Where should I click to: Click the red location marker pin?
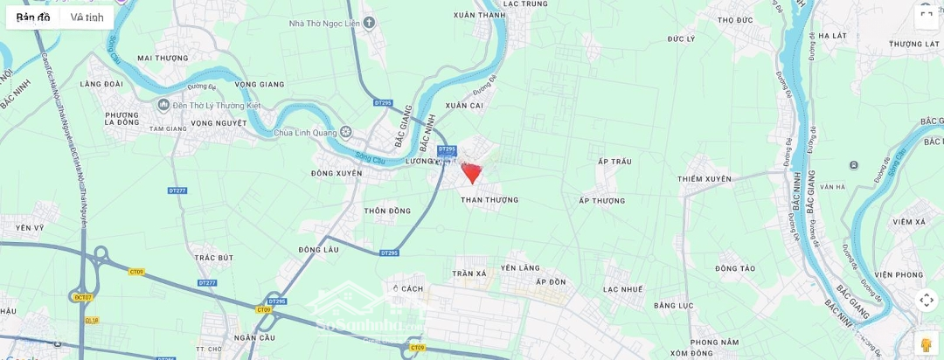471,172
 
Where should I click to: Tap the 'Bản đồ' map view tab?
33,17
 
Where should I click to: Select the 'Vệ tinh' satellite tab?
87,17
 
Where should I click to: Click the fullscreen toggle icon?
927,15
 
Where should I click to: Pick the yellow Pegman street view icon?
927,343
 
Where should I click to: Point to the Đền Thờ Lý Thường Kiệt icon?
163,105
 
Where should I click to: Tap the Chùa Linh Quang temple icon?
346,133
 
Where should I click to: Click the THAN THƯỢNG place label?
489,200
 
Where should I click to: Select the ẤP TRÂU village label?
614,162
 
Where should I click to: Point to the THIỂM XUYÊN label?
704,179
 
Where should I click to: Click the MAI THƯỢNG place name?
163,59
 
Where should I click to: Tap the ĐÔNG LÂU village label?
318,249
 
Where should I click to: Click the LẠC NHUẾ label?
622,289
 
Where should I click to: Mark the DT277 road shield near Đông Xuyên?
177,190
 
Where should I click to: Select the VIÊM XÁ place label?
909,222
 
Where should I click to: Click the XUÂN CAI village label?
464,106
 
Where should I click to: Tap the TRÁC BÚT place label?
214,258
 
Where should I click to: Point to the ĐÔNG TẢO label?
734,267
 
